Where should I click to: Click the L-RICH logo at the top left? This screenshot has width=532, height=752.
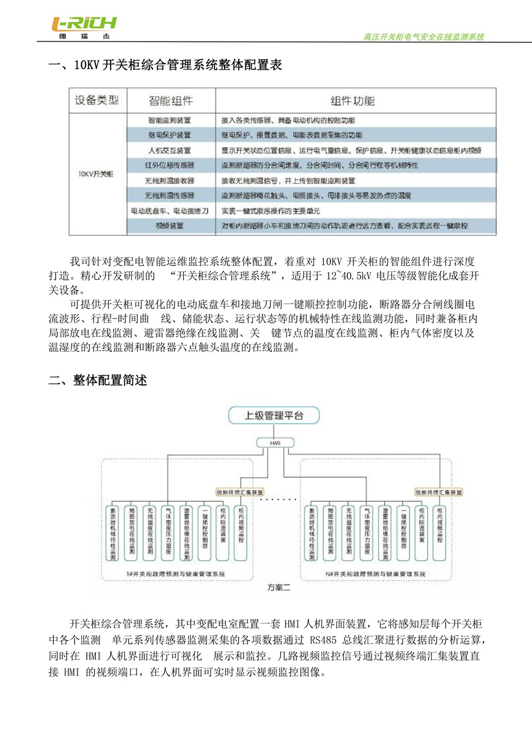click(83, 27)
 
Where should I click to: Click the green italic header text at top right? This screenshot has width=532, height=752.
click(423, 37)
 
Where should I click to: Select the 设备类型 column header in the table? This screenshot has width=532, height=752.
click(96, 100)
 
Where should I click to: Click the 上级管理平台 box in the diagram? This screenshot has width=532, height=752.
click(274, 415)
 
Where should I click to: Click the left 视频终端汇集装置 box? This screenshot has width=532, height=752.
click(239, 492)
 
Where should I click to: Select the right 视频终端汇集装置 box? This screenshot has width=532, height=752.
click(438, 492)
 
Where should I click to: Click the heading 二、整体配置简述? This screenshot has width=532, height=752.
click(98, 381)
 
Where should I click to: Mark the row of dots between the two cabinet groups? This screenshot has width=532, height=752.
click(277, 500)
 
